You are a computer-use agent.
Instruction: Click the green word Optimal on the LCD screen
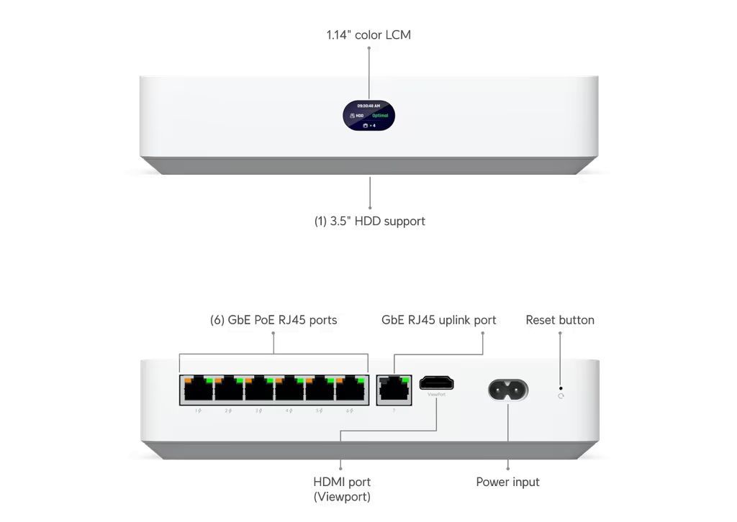(380, 115)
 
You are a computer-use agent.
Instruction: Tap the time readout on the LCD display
(368, 106)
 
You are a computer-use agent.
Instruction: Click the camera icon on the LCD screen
(366, 125)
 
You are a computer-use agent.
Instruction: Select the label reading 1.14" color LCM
(368, 35)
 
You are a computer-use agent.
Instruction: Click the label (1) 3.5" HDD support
(369, 221)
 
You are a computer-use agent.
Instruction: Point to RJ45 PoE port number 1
(195, 390)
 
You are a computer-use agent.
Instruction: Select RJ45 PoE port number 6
(348, 390)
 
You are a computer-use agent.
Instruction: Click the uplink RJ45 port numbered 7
(394, 390)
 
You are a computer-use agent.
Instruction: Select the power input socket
(508, 390)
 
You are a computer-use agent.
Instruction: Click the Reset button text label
(560, 320)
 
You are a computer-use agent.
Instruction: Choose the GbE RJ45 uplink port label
(438, 320)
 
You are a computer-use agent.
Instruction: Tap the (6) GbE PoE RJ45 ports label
(273, 320)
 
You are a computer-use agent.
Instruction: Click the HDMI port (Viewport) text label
(342, 489)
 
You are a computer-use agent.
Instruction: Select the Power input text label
(507, 482)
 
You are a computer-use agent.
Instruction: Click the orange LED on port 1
(188, 380)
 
